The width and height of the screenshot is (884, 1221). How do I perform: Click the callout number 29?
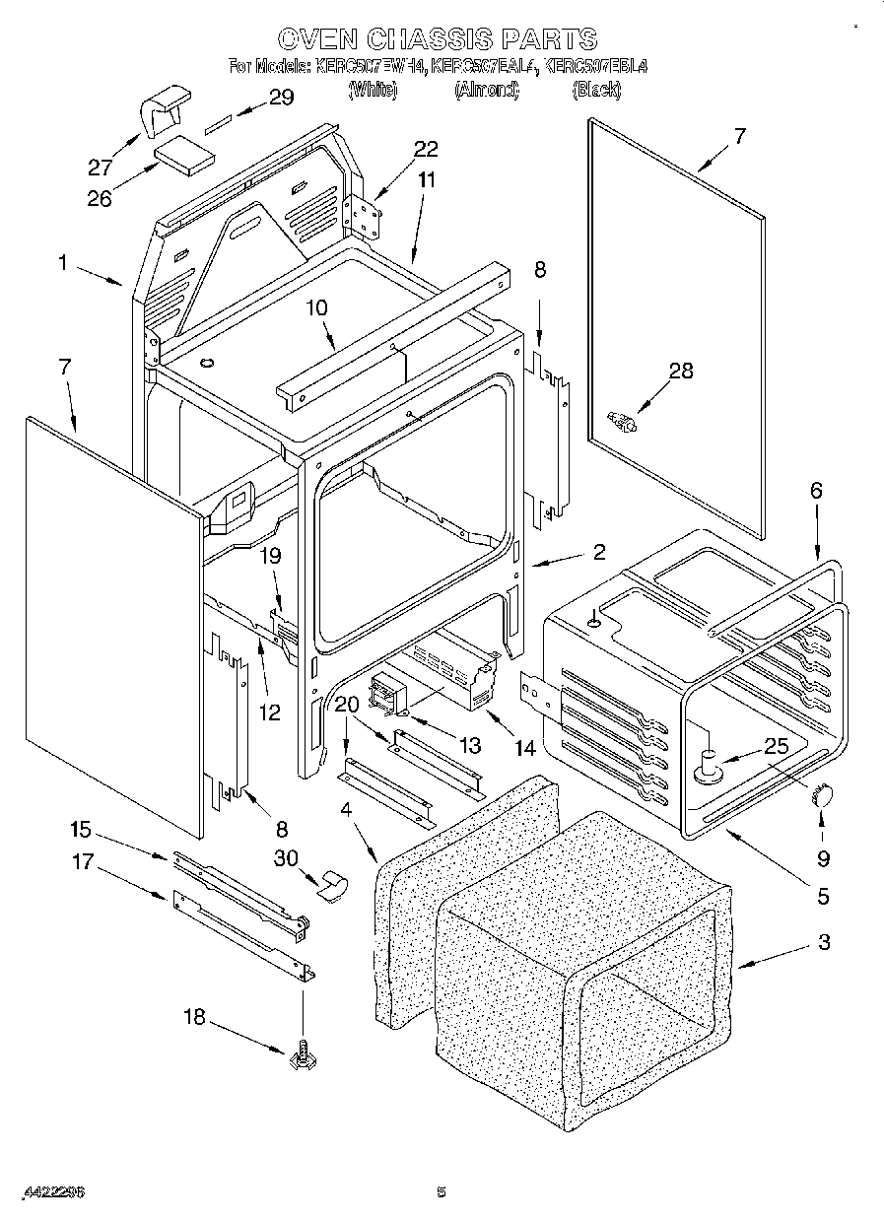tap(281, 97)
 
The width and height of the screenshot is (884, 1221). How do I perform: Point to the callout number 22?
tap(426, 149)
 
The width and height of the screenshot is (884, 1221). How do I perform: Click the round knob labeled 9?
tap(821, 794)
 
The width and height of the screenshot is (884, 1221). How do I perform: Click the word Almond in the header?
tap(486, 90)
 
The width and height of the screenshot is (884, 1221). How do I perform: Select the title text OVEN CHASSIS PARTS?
tap(437, 38)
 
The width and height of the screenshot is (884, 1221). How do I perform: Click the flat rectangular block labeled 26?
tap(185, 156)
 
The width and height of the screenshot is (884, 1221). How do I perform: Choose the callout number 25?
tap(777, 746)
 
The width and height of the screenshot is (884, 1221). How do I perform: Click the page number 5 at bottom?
tap(442, 1192)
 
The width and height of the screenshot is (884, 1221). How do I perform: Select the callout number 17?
tap(83, 862)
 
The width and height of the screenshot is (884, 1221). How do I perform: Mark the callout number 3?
tap(823, 942)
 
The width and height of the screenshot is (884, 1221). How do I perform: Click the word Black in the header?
tap(596, 90)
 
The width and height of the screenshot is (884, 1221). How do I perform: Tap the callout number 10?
tap(315, 307)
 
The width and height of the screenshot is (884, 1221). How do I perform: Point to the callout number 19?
tap(270, 556)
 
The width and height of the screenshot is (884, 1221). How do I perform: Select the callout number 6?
tap(815, 490)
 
